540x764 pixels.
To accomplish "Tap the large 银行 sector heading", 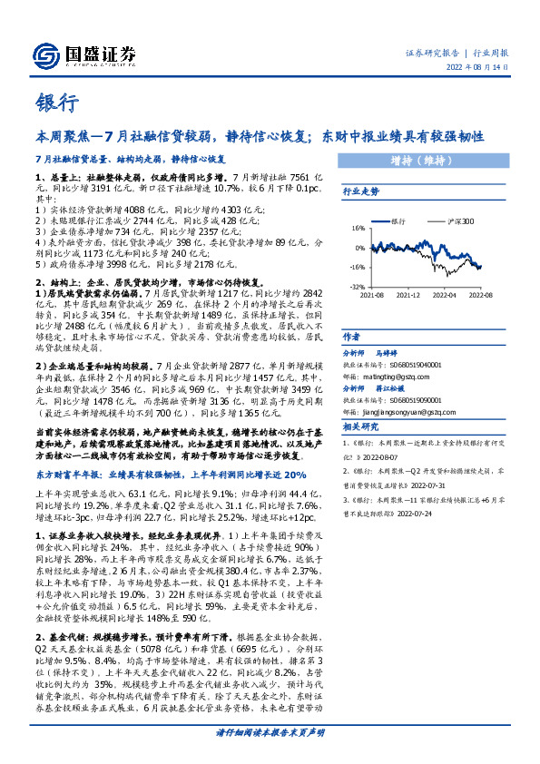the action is [x=57, y=102].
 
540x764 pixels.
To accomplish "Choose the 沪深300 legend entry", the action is [x=459, y=220].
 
